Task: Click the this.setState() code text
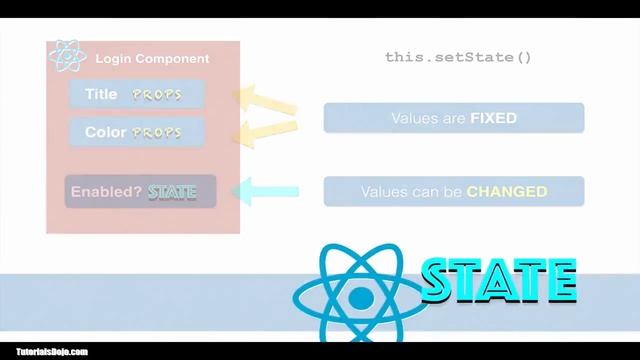point(457,57)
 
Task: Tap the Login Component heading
point(152,59)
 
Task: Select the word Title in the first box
point(101,94)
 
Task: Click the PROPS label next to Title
point(155,94)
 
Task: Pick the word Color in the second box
point(105,132)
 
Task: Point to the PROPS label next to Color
point(157,132)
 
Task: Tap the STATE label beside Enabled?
point(172,190)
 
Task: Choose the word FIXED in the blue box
point(493,118)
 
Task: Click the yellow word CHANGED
point(507,190)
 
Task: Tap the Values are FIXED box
point(453,118)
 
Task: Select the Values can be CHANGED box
point(453,190)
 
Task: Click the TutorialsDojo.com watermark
point(46,351)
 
